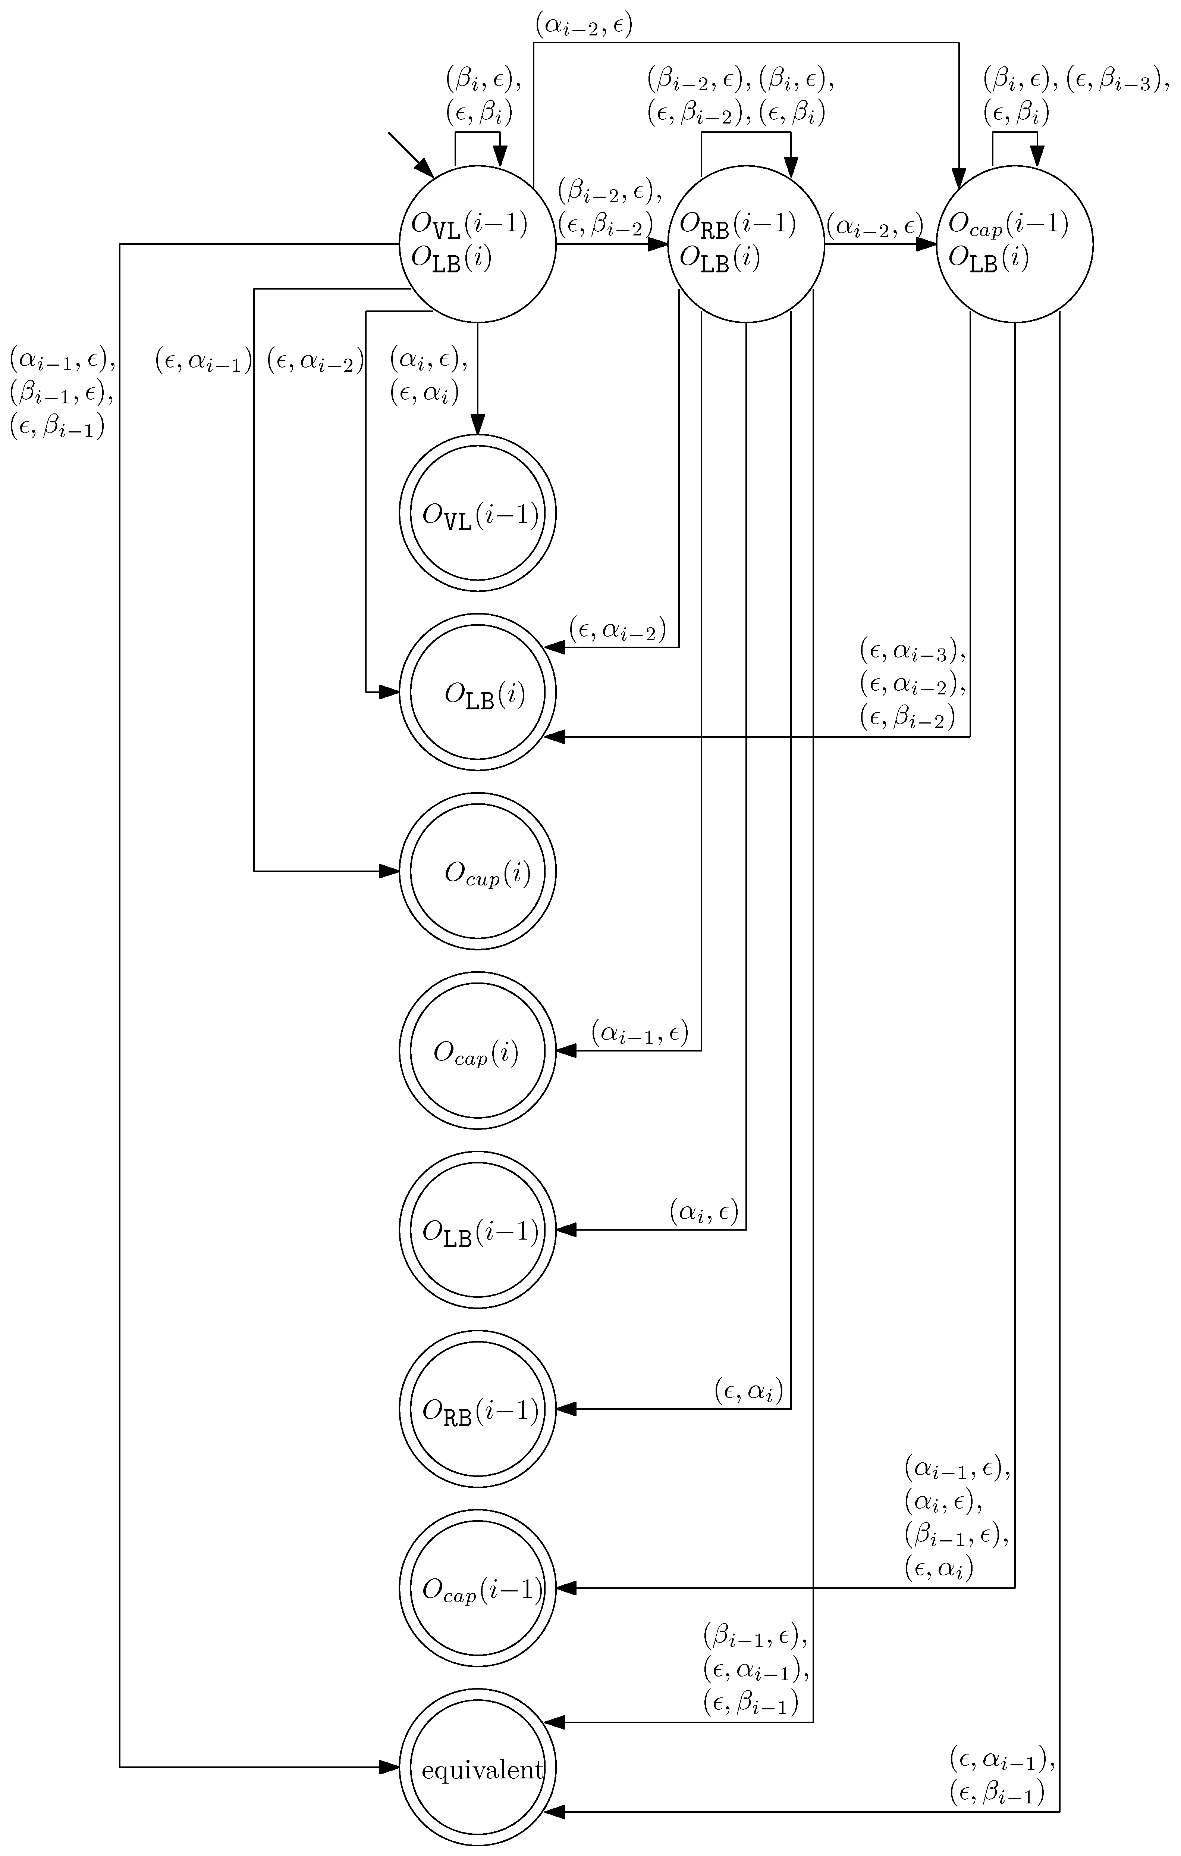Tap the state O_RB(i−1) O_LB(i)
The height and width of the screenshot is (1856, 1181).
click(746, 244)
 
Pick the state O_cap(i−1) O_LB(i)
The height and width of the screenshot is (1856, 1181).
click(1014, 244)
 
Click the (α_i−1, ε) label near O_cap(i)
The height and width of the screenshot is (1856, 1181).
click(640, 1031)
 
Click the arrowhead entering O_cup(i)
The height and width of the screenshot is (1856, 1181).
click(389, 872)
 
